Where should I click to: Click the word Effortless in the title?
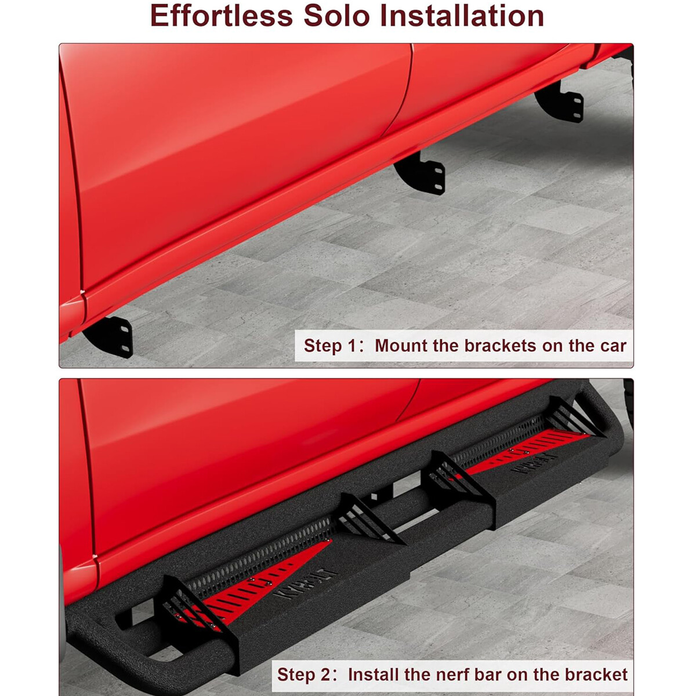222,16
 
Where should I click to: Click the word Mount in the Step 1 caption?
401,346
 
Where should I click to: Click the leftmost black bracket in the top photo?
112,336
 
